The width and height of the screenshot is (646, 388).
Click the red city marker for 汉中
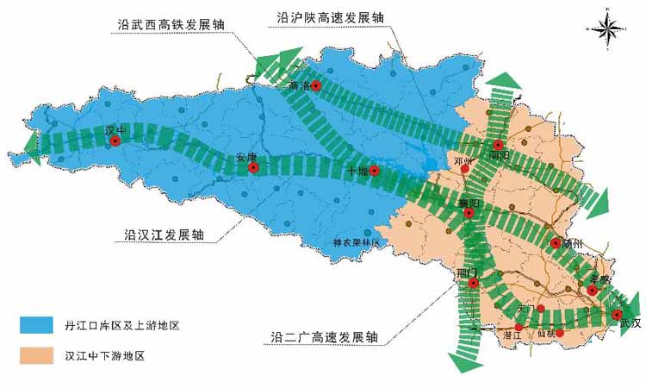tap(115, 142)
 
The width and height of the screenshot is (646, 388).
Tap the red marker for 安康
tap(253, 168)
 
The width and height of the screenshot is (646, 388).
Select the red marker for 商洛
tap(316, 85)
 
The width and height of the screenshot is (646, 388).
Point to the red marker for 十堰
tap(374, 170)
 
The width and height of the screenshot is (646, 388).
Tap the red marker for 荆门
tap(473, 283)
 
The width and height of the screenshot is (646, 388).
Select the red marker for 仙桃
tap(560, 333)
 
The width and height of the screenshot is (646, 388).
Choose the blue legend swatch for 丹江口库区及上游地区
tap(39, 325)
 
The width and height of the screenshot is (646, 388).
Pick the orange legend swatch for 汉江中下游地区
tap(39, 354)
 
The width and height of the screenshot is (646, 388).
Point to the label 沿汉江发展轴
tap(165, 235)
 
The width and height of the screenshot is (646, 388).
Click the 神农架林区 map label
tap(357, 243)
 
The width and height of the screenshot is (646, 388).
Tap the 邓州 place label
tap(463, 160)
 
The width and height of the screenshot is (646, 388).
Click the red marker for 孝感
tap(593, 291)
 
